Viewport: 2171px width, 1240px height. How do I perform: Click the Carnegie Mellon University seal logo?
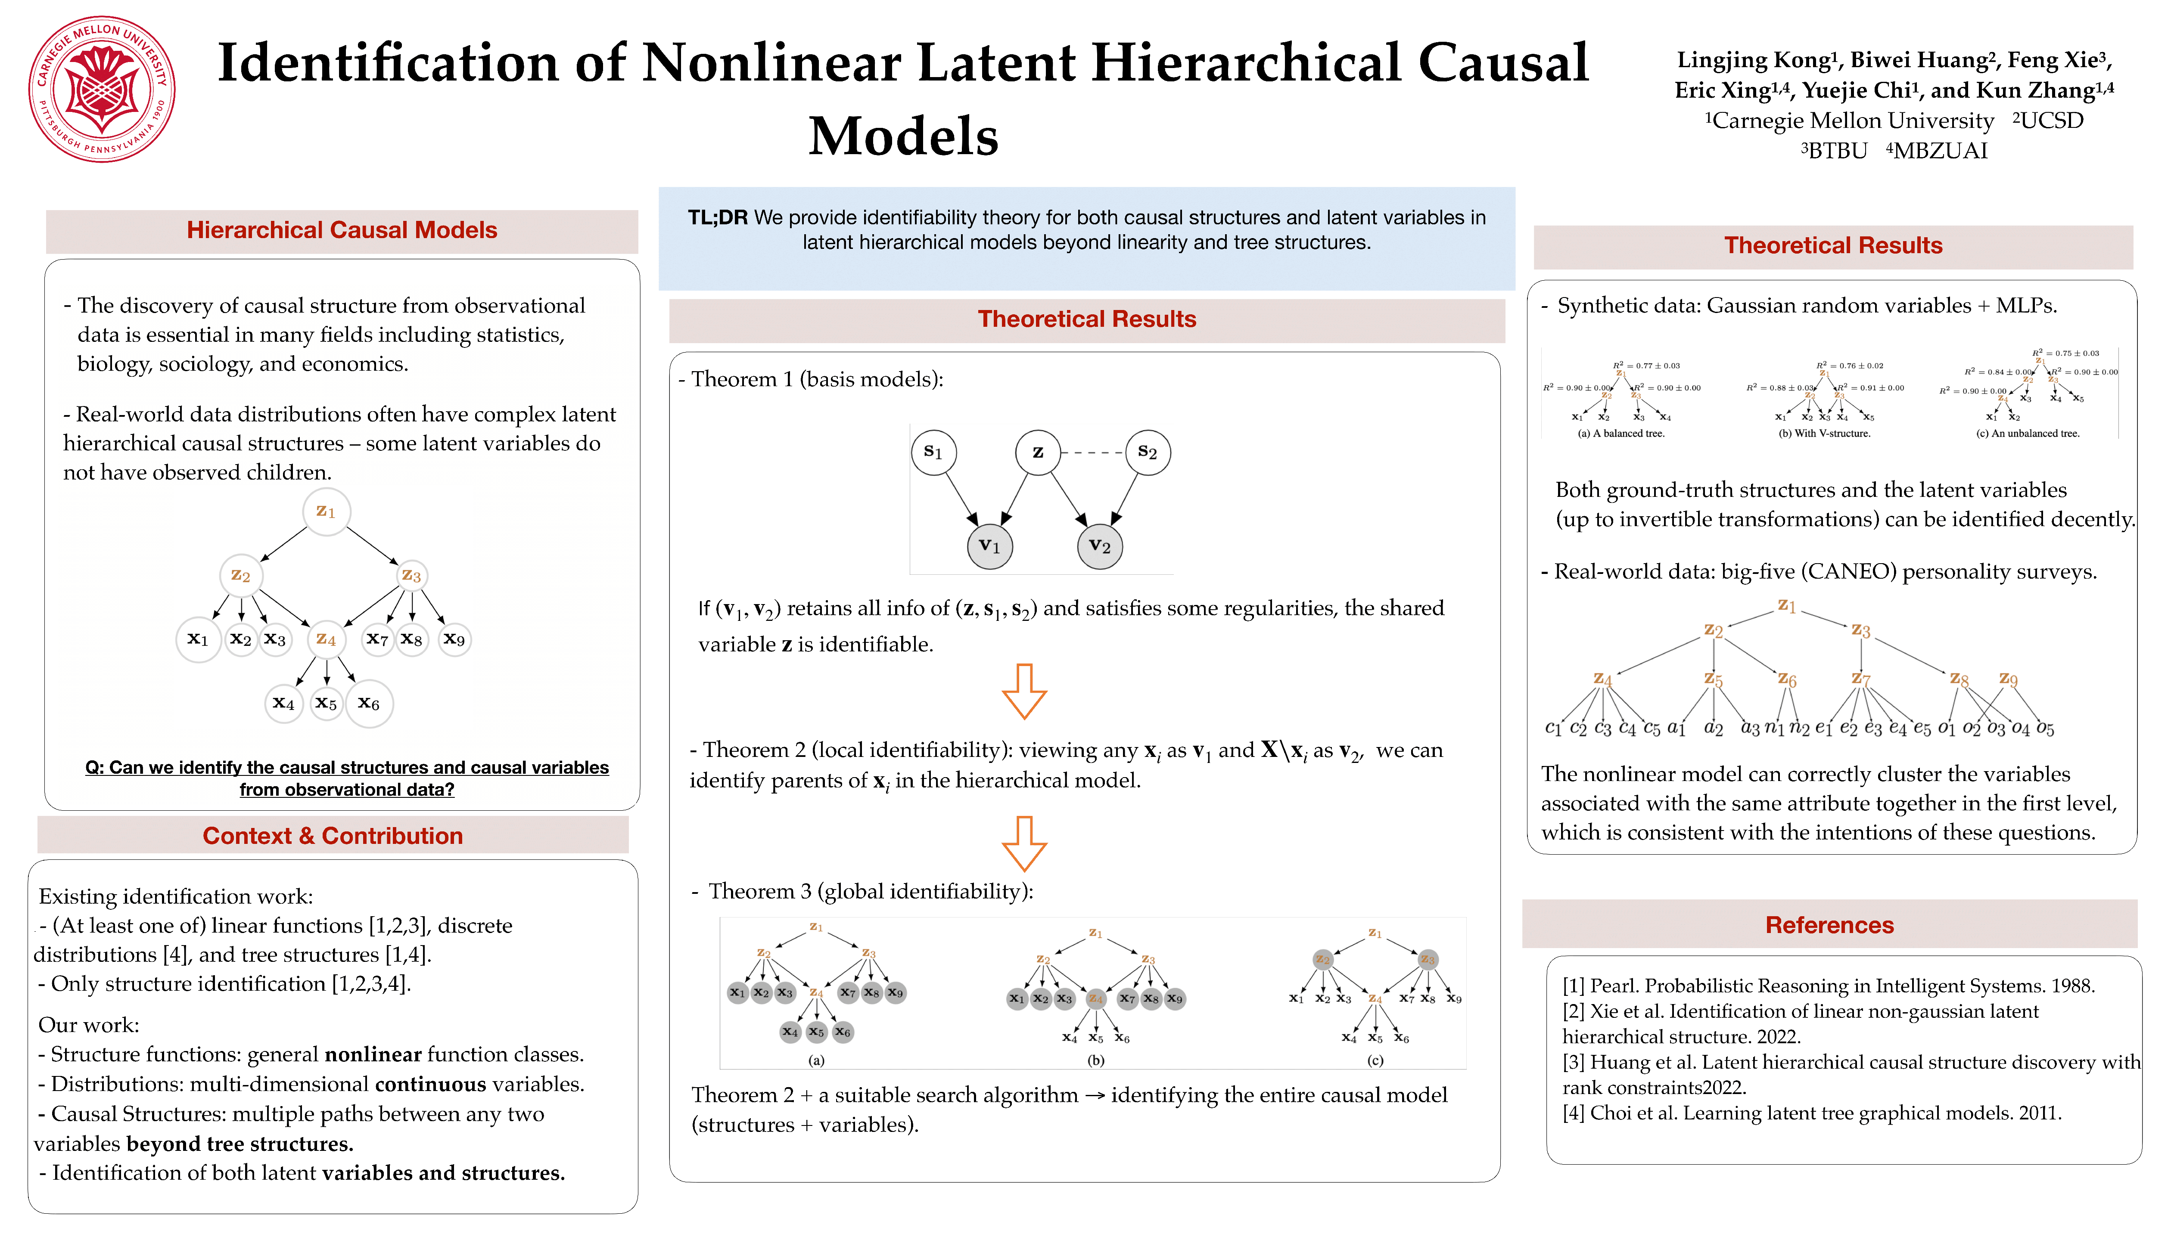click(x=102, y=90)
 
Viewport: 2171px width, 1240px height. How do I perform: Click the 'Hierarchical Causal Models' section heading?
click(x=342, y=230)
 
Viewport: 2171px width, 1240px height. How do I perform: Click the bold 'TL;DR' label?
click(x=717, y=218)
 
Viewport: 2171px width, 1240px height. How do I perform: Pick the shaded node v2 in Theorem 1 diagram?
click(x=1100, y=546)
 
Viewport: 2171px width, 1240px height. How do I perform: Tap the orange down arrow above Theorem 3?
click(x=1024, y=843)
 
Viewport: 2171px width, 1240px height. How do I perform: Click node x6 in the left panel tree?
click(x=369, y=704)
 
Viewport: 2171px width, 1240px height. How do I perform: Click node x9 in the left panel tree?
click(x=454, y=639)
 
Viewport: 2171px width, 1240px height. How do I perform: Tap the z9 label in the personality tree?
click(x=2008, y=679)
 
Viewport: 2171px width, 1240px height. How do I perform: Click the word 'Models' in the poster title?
click(x=903, y=136)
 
